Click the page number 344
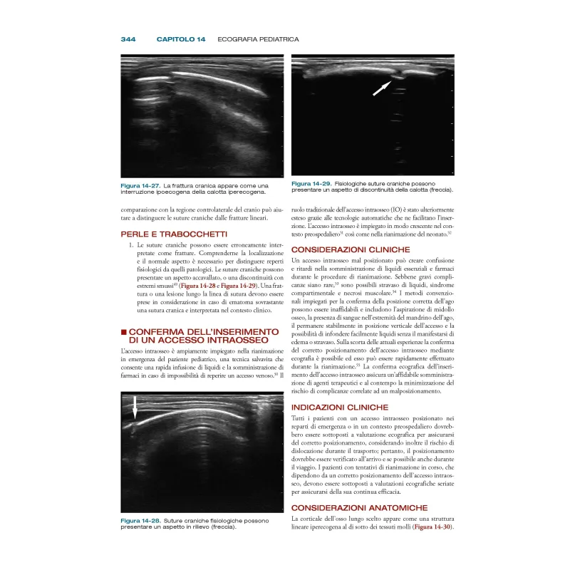click(x=128, y=38)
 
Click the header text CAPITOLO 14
click(x=181, y=38)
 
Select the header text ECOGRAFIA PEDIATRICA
click(x=258, y=38)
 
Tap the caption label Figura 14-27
click(x=140, y=186)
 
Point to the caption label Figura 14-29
click(x=311, y=183)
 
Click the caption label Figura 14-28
click(x=140, y=521)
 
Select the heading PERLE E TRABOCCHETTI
click(x=165, y=233)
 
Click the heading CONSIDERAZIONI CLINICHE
click(x=351, y=249)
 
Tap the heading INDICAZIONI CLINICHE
click(x=341, y=407)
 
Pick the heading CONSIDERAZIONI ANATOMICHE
click(x=359, y=507)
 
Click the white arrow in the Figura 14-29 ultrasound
click(x=382, y=88)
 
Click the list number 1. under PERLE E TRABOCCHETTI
click(x=131, y=245)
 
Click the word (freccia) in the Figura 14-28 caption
click(x=218, y=527)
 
